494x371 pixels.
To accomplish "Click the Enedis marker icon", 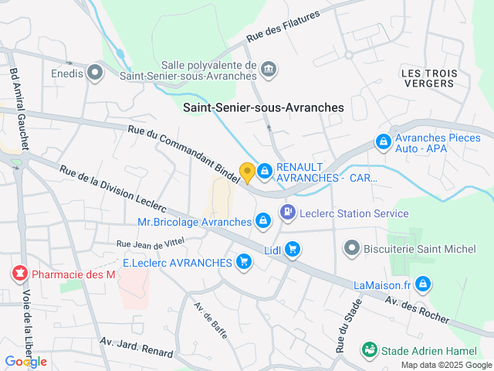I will click(96, 73).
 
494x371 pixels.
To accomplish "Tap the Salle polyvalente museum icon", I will click(269, 69).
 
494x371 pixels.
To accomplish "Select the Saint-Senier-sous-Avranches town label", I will click(263, 108).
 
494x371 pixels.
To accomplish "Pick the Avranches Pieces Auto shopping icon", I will click(382, 141).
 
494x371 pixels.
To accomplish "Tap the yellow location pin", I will click(247, 172).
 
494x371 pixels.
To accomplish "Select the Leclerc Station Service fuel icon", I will click(287, 211).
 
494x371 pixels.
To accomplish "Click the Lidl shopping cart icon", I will click(292, 249).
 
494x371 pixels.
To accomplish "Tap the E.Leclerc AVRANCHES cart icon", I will click(245, 262).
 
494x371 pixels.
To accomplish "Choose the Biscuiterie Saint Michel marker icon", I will click(351, 248).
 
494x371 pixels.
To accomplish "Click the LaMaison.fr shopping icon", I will click(422, 285).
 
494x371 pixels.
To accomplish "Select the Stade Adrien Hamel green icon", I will click(370, 350).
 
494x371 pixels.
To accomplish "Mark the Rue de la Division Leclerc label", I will click(114, 189).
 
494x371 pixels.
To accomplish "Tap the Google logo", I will click(26, 362).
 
